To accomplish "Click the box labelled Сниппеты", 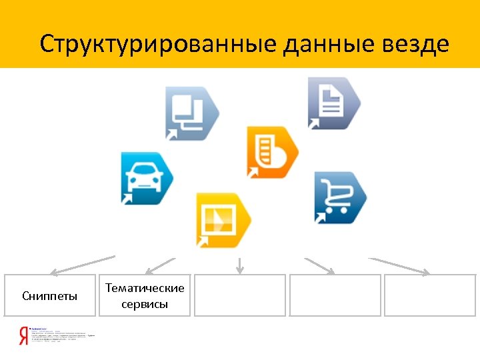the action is pos(50,295).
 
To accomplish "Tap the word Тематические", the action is pos(145,288).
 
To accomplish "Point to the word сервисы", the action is pos(145,305).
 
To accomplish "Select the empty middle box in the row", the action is pos(240,295).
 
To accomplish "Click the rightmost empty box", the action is pos(430,295).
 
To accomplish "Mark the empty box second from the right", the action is pos(335,295).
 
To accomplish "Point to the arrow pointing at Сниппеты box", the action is pos(83,265).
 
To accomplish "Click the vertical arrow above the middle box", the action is pos(240,265).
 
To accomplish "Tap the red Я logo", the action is pos(23,335).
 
